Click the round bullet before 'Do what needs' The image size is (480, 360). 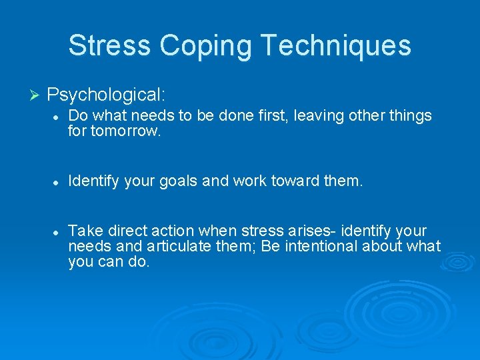[x=58, y=117]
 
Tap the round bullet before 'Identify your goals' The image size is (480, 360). [x=58, y=180]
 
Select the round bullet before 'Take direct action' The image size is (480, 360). [x=58, y=232]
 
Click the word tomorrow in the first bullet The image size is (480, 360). [x=126, y=131]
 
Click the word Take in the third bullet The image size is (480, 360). [x=83, y=231]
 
